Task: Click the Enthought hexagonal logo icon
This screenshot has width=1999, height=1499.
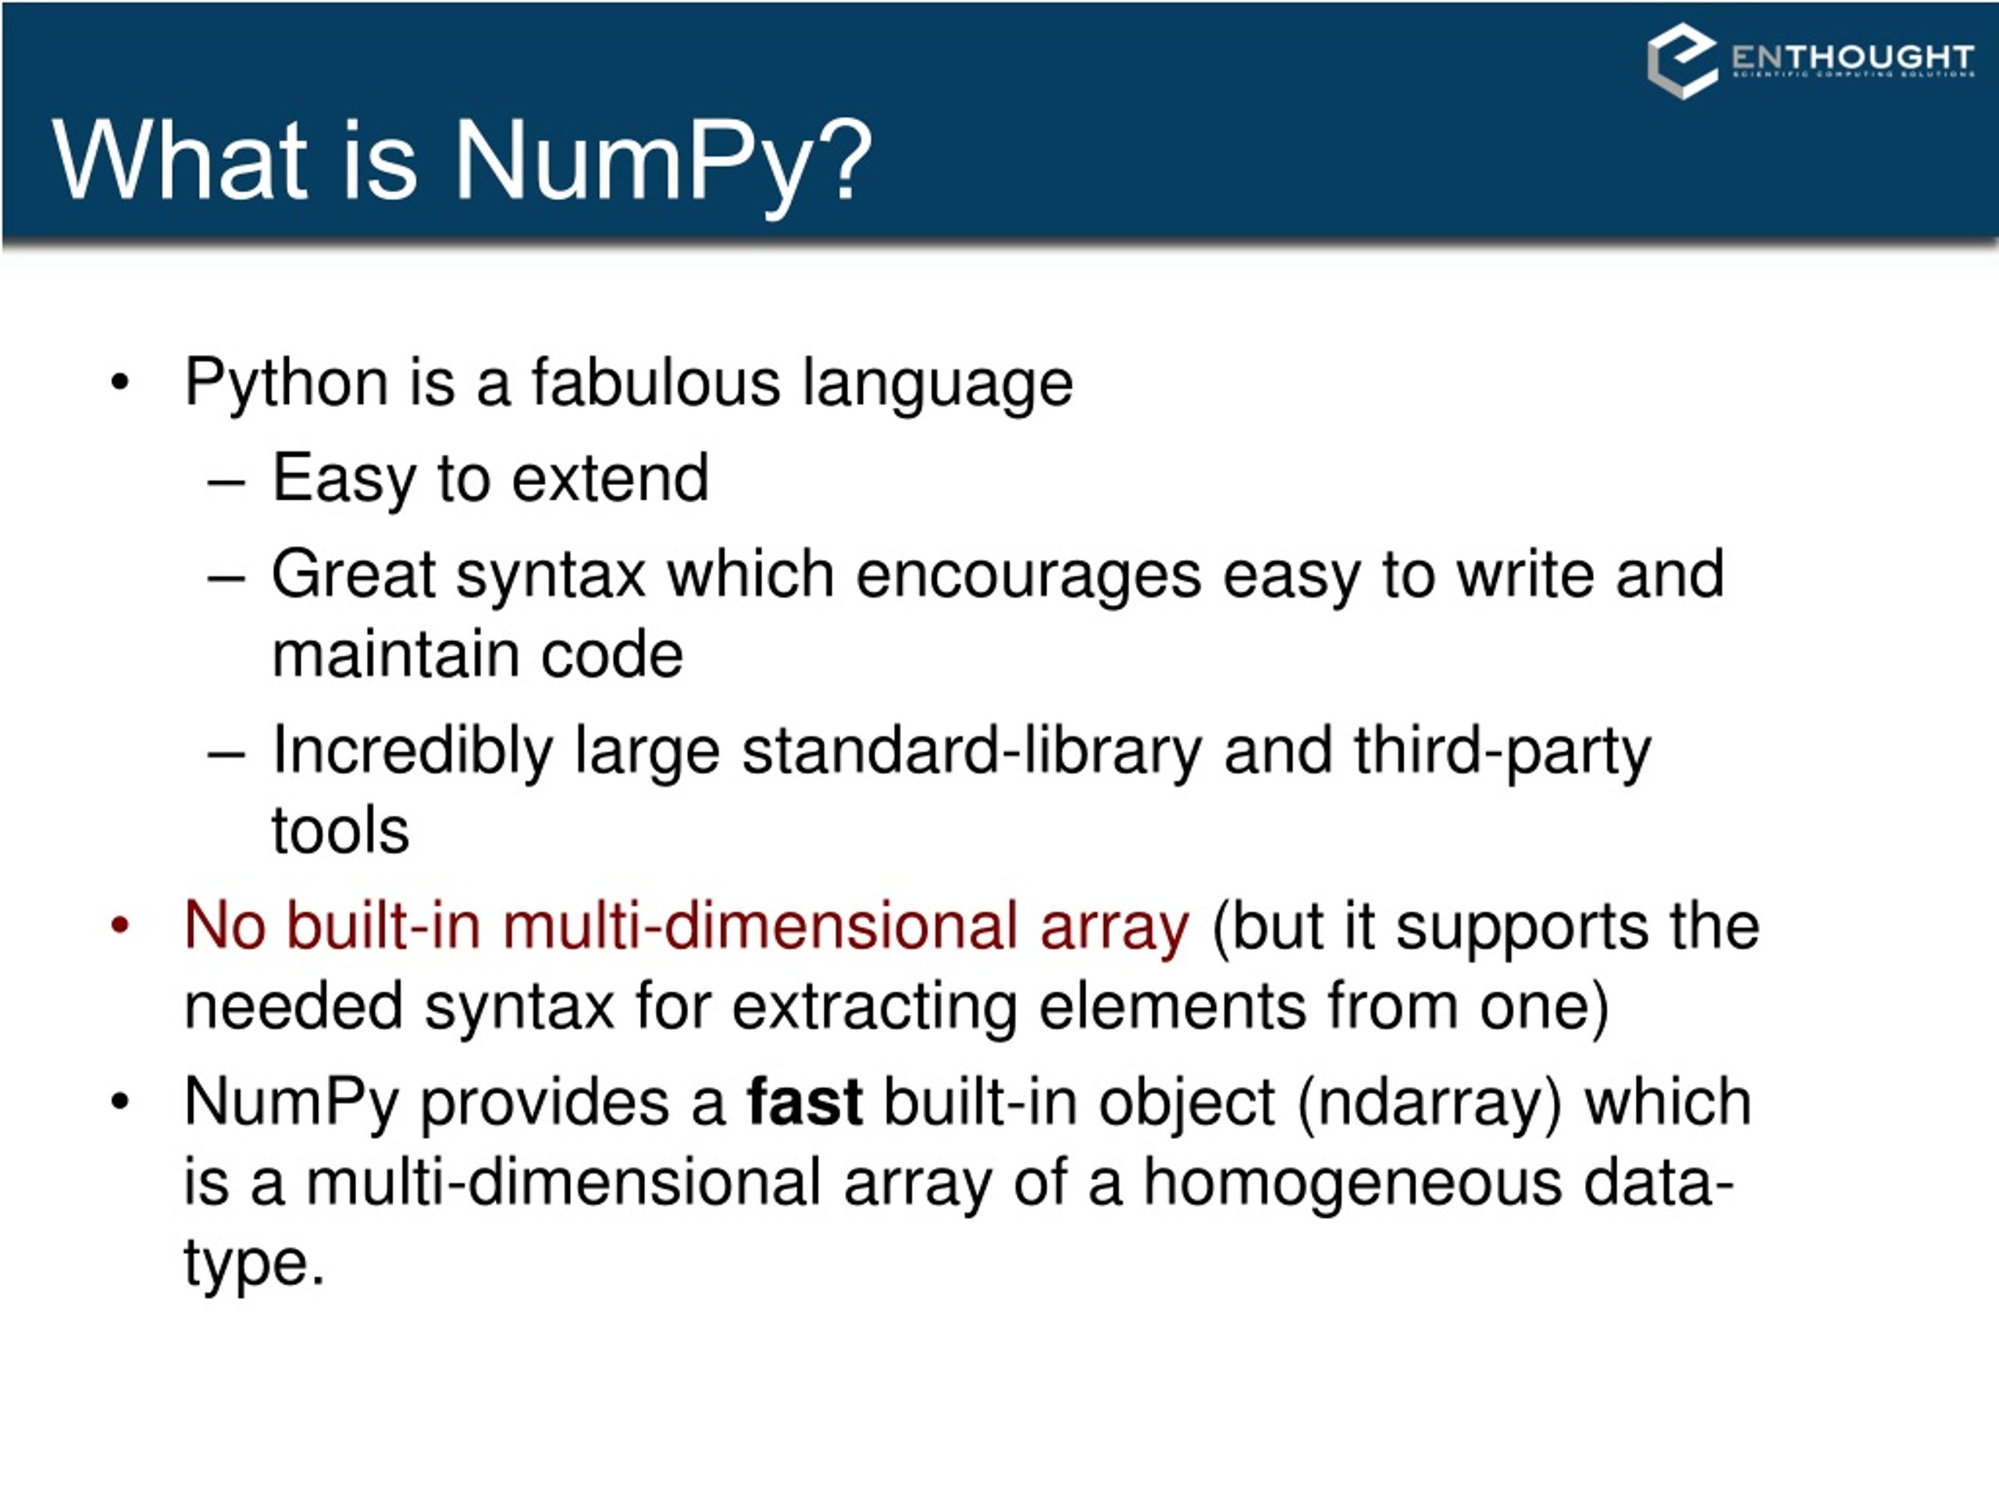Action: pos(1682,61)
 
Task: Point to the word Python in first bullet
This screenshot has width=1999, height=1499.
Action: pos(286,384)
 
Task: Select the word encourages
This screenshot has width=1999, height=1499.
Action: pos(1028,575)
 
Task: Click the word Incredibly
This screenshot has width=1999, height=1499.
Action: pos(413,752)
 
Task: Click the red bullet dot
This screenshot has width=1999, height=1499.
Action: pos(120,925)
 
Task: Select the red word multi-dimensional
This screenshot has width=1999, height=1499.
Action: pos(760,926)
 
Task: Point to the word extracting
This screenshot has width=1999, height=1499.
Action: pos(874,1006)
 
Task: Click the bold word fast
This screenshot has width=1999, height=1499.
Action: pos(804,1102)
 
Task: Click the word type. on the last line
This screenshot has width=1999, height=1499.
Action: pos(254,1264)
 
